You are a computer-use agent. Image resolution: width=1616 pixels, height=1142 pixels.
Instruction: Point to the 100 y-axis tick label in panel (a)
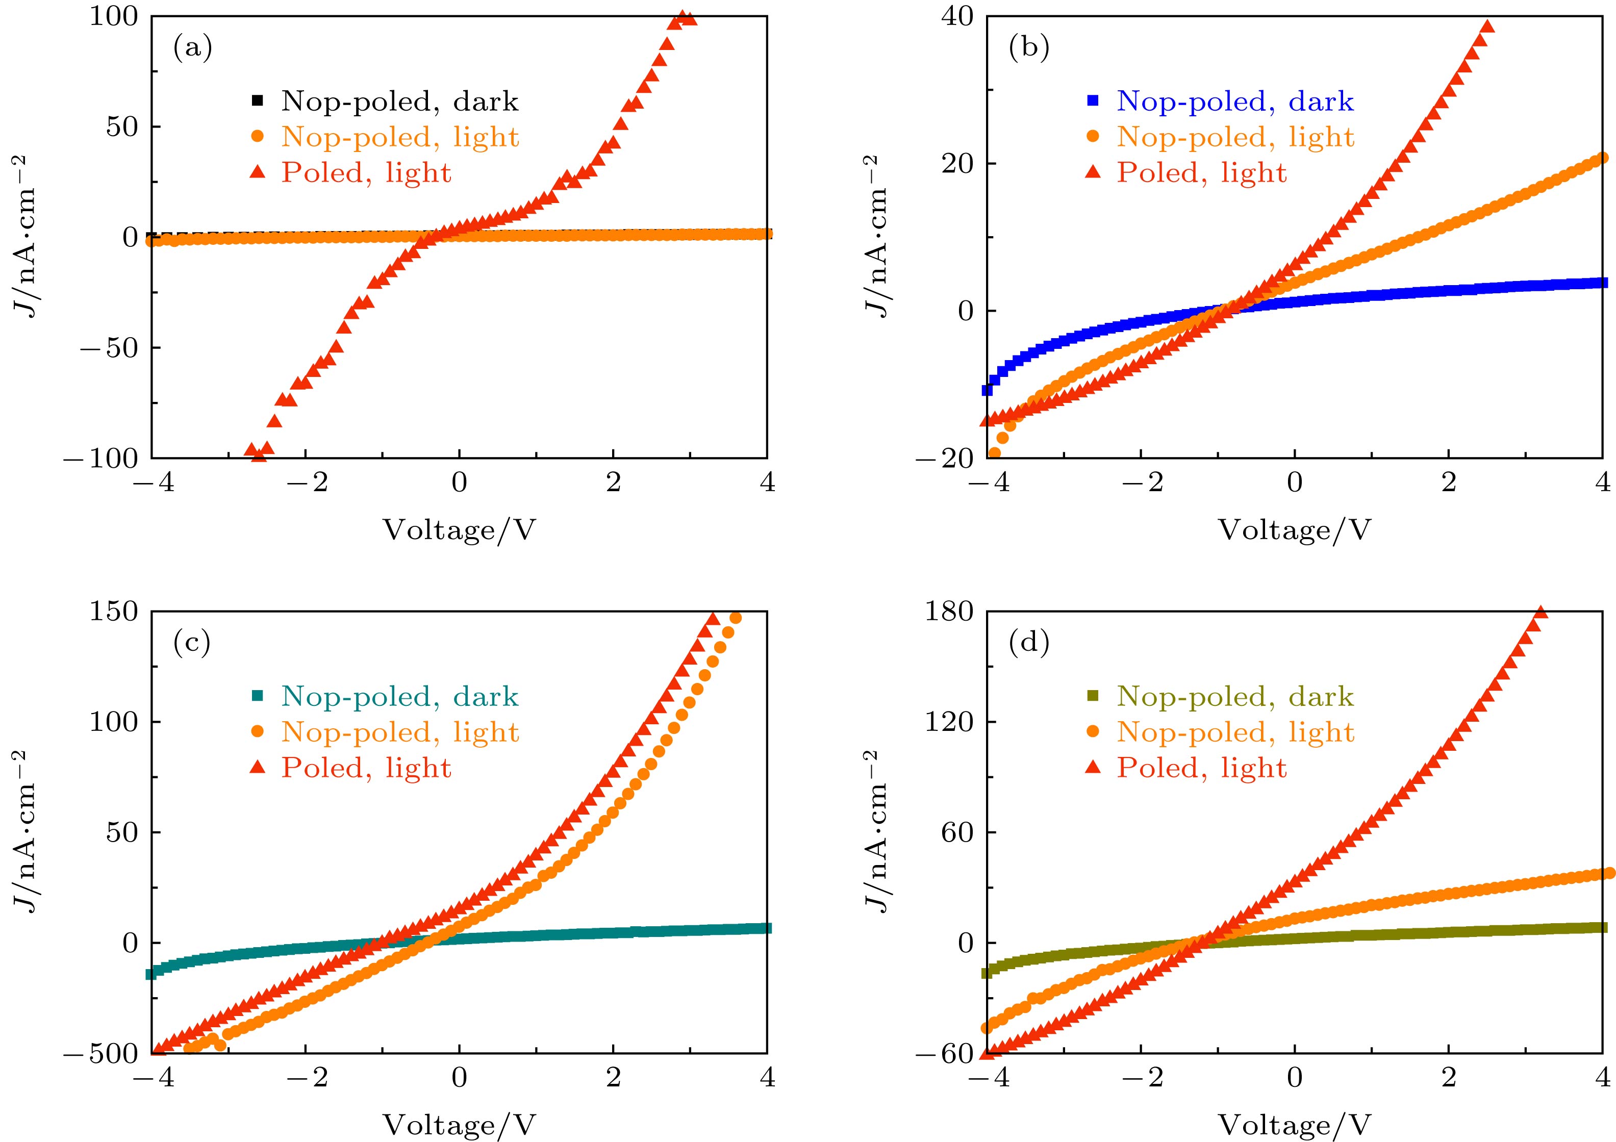click(113, 16)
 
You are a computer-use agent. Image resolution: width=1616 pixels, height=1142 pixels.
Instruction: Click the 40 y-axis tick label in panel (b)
click(958, 16)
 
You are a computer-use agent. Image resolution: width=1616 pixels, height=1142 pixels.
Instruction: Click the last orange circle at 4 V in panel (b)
click(1602, 158)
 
